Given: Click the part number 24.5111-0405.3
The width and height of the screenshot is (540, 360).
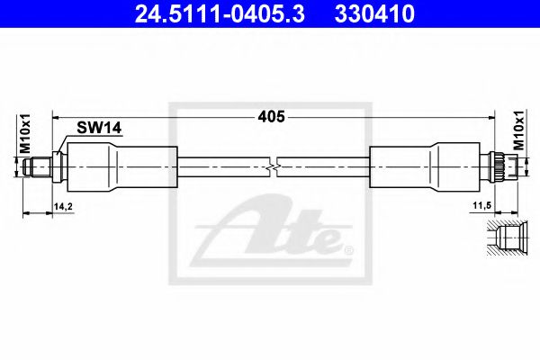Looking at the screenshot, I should click(x=209, y=15).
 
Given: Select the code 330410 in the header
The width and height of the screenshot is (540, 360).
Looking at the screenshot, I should click(x=375, y=15).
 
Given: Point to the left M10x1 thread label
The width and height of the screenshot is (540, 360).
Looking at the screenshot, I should click(x=26, y=134).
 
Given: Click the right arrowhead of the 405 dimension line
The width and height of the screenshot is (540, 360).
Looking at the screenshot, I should click(x=493, y=117).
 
